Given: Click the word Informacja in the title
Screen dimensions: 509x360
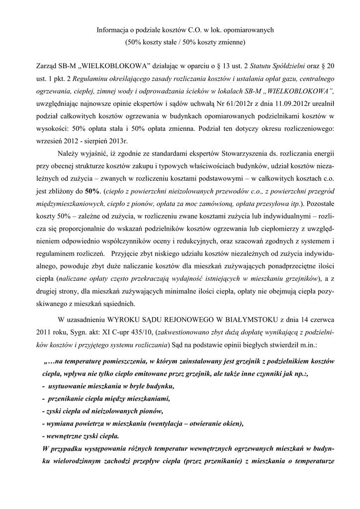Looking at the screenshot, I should click(111, 30).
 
